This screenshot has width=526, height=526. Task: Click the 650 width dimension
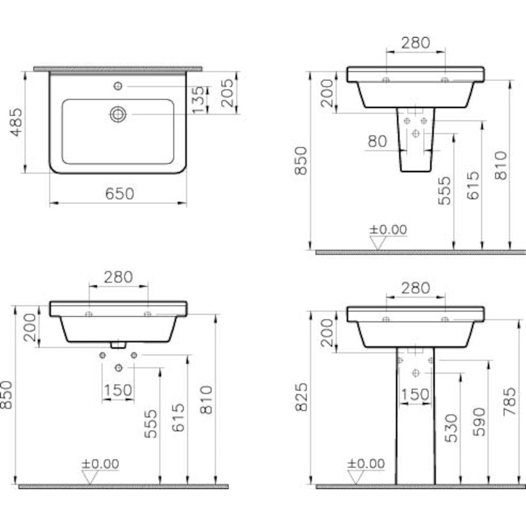click(x=119, y=193)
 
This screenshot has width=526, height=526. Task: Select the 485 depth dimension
click(x=16, y=122)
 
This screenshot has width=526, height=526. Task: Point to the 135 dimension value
click(x=198, y=100)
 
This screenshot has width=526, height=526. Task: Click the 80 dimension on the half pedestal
click(x=377, y=142)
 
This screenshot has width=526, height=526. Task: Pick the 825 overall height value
click(x=301, y=397)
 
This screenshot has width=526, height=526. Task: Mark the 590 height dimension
click(x=480, y=422)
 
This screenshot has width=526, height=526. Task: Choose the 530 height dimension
click(x=451, y=428)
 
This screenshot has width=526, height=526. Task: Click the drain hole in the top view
click(x=117, y=114)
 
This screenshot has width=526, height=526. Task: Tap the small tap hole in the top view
click(x=117, y=86)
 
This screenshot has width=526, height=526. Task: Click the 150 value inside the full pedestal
click(x=415, y=394)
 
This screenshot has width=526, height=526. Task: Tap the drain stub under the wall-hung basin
click(x=117, y=345)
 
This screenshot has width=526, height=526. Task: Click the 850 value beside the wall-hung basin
click(x=7, y=394)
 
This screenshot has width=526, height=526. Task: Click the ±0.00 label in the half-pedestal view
click(x=388, y=229)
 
